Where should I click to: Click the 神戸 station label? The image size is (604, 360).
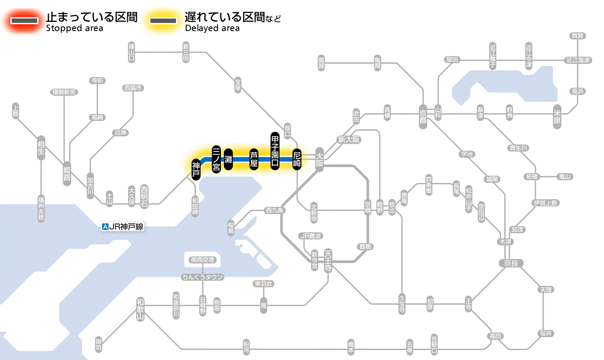[196, 170]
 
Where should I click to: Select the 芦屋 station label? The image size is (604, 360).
[254, 159]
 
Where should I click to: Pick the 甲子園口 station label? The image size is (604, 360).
[275, 150]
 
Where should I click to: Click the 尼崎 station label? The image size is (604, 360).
[297, 159]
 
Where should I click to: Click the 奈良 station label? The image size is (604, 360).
[511, 263]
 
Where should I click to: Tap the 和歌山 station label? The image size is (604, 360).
[140, 309]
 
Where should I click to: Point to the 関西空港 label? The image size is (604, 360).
[205, 260]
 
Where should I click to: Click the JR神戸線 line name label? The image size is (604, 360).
[126, 227]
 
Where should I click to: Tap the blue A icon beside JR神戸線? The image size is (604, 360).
[104, 227]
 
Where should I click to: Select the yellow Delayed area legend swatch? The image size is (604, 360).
[163, 20]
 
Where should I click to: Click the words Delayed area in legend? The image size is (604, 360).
[212, 28]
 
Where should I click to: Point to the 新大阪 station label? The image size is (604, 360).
[349, 139]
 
